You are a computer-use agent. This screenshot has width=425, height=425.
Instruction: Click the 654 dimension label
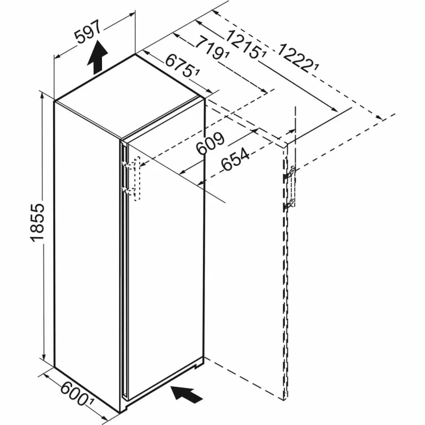click(x=235, y=160)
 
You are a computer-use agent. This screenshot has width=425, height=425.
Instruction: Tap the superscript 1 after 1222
click(x=317, y=67)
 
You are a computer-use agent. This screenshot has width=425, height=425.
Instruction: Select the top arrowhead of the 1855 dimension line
click(x=42, y=96)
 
